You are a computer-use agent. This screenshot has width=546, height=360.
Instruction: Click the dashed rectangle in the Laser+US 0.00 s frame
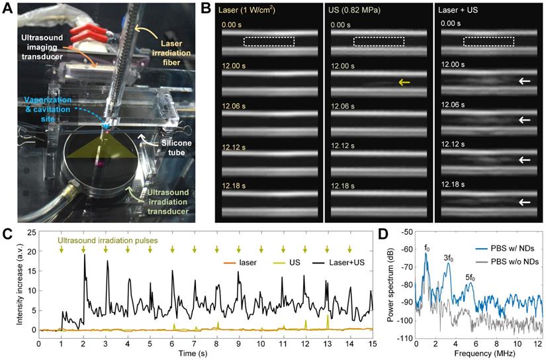click(488, 41)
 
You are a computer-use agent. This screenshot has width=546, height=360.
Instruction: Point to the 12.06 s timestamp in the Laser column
click(236, 104)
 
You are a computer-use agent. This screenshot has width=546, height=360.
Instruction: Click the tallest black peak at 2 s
click(83, 255)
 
